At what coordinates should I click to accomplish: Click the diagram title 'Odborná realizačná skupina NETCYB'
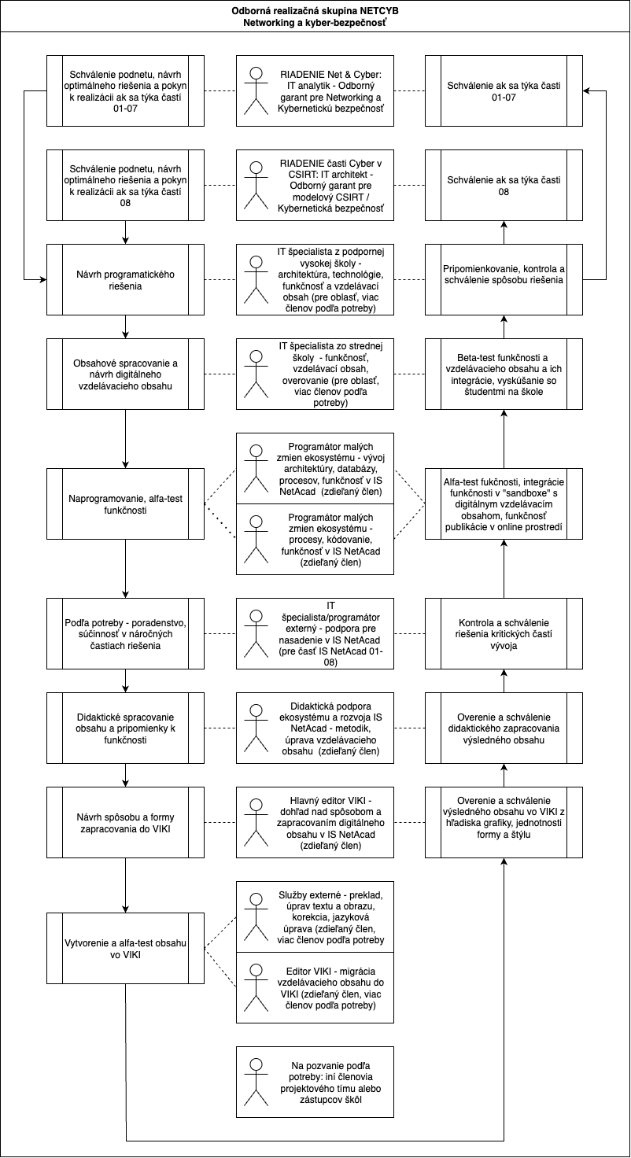pos(315,12)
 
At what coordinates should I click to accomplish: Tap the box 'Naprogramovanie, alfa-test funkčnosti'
pos(126,503)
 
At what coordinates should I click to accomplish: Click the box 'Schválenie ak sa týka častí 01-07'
pos(504,90)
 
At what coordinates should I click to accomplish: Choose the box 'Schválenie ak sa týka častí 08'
pos(504,186)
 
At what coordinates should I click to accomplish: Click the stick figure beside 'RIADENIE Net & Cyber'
pos(255,91)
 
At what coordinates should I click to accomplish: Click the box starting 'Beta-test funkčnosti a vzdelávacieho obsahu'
pos(504,374)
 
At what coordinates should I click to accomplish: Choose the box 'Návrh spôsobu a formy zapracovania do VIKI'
pos(126,823)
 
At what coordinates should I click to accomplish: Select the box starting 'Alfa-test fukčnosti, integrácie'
pos(504,503)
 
